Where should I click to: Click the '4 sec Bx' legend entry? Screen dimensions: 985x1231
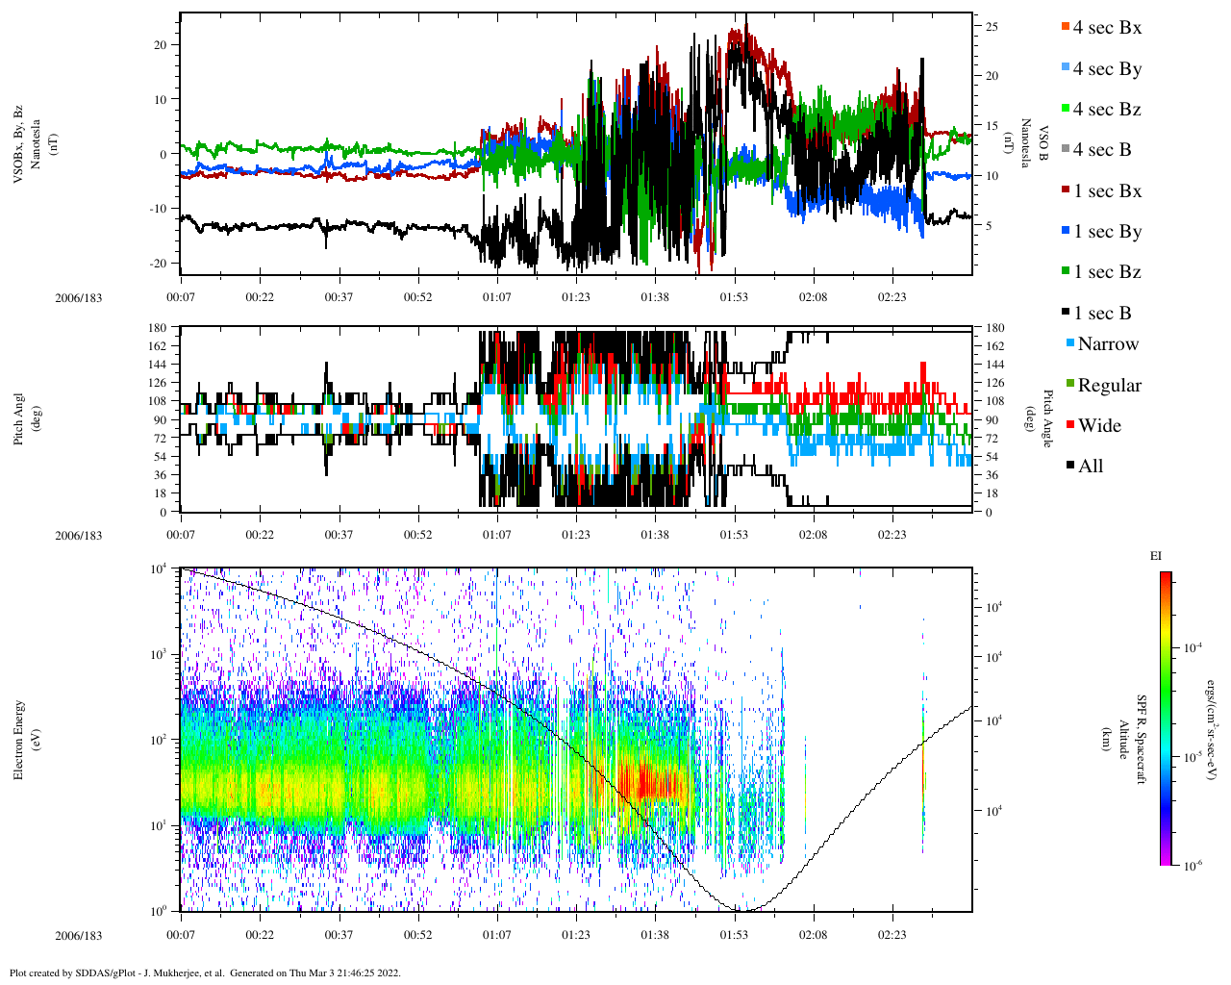1106,28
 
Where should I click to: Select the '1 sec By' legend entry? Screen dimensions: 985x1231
1107,232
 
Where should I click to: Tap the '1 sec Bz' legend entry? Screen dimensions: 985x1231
1107,272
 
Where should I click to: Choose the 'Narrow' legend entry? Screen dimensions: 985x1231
1107,344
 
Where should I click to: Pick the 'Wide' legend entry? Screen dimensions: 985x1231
1099,426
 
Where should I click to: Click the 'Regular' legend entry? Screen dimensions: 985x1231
1109,386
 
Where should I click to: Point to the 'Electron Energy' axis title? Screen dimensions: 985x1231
20,740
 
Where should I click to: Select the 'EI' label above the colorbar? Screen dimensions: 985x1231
1156,556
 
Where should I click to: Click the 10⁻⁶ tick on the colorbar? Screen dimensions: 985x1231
1189,866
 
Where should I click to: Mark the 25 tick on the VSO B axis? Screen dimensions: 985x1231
992,27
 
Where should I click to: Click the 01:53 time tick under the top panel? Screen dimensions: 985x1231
734,297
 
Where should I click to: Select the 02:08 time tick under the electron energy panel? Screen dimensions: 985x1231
813,934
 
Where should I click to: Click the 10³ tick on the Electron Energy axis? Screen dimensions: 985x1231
158,654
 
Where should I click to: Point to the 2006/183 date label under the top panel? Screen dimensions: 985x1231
78,297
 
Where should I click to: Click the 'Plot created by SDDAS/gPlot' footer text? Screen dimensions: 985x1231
204,972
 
